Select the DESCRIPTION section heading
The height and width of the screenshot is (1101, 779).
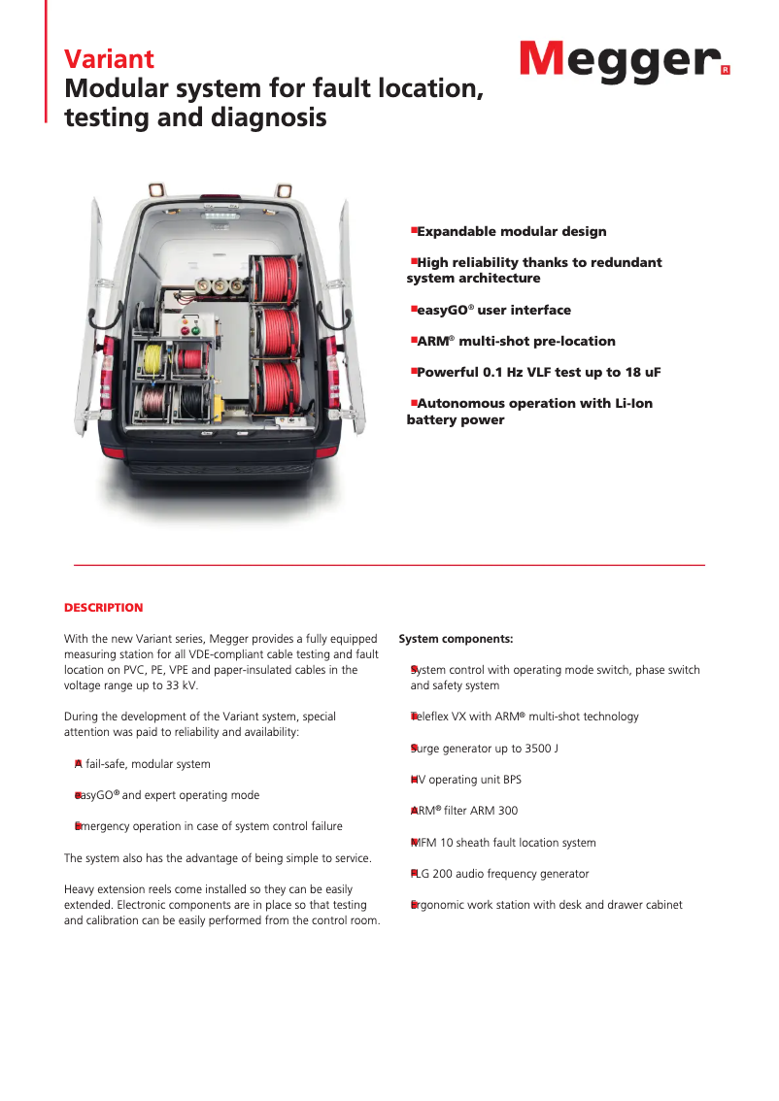coord(103,608)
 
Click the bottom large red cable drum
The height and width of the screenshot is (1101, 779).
coord(277,383)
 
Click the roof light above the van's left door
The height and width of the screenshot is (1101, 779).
coord(154,189)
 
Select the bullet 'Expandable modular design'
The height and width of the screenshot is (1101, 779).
coord(511,232)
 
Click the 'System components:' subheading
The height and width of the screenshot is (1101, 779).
coord(456,639)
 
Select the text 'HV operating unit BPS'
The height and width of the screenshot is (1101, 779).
coord(466,780)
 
